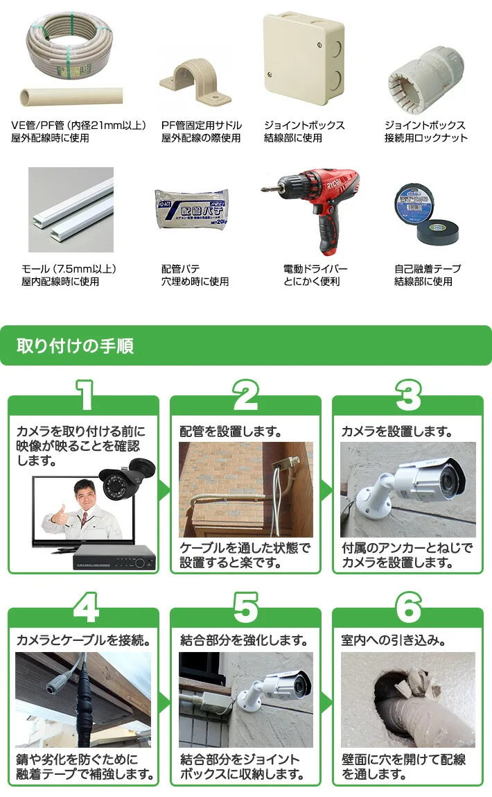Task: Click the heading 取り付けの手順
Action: pyautogui.click(x=76, y=345)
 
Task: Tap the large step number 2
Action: pyautogui.click(x=245, y=396)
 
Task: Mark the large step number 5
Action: pyautogui.click(x=245, y=608)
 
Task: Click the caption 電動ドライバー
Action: pyautogui.click(x=315, y=268)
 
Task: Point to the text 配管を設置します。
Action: pyautogui.click(x=230, y=431)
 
